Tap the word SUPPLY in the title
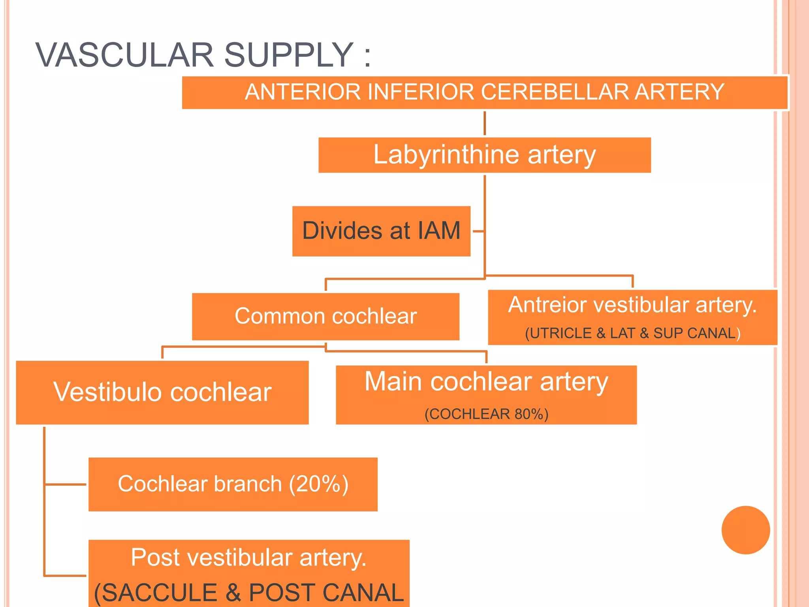click(288, 55)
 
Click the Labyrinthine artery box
click(484, 155)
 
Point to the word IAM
click(438, 231)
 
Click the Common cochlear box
click(325, 316)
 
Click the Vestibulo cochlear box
click(162, 392)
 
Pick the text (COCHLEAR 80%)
click(486, 414)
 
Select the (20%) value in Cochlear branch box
click(318, 484)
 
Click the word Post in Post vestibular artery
click(155, 558)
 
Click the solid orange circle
click(745, 530)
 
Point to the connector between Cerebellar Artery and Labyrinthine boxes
click(485, 123)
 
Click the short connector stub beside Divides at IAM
click(478, 231)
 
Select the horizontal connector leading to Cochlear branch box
click(65, 484)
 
